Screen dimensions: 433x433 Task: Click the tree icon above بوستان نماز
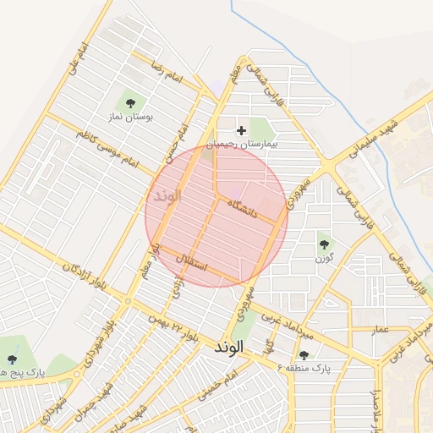point(129,103)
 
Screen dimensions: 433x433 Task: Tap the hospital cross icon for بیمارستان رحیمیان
point(242,130)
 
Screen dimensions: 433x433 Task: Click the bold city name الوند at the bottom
point(229,348)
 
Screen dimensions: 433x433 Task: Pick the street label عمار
point(378,328)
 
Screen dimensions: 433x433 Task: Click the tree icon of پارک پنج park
point(11,348)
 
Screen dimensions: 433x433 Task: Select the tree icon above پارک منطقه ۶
point(304,355)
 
